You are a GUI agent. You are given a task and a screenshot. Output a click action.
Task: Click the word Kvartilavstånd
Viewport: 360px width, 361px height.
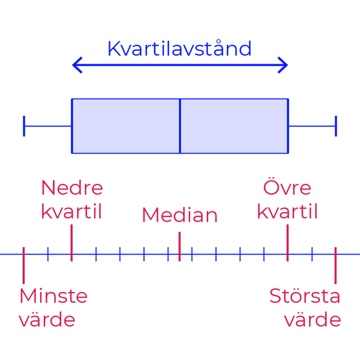pyautogui.click(x=179, y=48)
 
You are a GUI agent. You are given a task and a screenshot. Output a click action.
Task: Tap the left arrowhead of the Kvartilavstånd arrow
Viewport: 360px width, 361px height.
pyautogui.click(x=77, y=65)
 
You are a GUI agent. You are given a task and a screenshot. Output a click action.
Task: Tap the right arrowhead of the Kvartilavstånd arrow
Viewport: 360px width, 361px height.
pyautogui.click(x=283, y=65)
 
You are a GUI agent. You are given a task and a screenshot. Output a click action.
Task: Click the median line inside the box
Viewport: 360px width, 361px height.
pyautogui.click(x=180, y=126)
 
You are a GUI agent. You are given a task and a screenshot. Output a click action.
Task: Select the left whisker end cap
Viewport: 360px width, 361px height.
pyautogui.click(x=24, y=126)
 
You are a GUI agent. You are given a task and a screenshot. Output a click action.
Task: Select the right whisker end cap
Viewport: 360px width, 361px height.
pyautogui.click(x=336, y=126)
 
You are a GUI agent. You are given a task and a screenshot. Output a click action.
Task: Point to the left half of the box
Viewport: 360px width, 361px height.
pyautogui.click(x=125, y=126)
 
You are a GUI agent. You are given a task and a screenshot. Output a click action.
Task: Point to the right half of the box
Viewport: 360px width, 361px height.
pyautogui.click(x=234, y=126)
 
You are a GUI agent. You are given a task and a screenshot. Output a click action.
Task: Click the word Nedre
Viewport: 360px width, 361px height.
pyautogui.click(x=72, y=188)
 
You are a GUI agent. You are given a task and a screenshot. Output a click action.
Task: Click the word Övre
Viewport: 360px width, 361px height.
pyautogui.click(x=287, y=186)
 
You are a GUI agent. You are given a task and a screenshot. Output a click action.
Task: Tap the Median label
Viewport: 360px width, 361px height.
pyautogui.click(x=180, y=215)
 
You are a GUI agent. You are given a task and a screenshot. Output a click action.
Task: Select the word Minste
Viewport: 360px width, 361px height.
pyautogui.click(x=53, y=296)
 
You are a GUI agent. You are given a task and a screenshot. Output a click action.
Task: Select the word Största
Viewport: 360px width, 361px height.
pyautogui.click(x=305, y=295)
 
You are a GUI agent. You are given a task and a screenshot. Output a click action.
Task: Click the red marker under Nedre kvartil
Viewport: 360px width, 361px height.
pyautogui.click(x=71, y=243)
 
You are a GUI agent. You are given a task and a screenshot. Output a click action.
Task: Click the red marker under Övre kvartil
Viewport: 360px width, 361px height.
pyautogui.click(x=287, y=243)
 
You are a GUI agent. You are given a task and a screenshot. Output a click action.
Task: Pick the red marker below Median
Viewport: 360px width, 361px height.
pyautogui.click(x=179, y=247)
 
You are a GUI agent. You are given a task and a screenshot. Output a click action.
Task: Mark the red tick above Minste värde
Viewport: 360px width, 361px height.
pyautogui.click(x=23, y=265)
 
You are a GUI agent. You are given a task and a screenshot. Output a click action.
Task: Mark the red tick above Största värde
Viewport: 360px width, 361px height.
pyautogui.click(x=335, y=265)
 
